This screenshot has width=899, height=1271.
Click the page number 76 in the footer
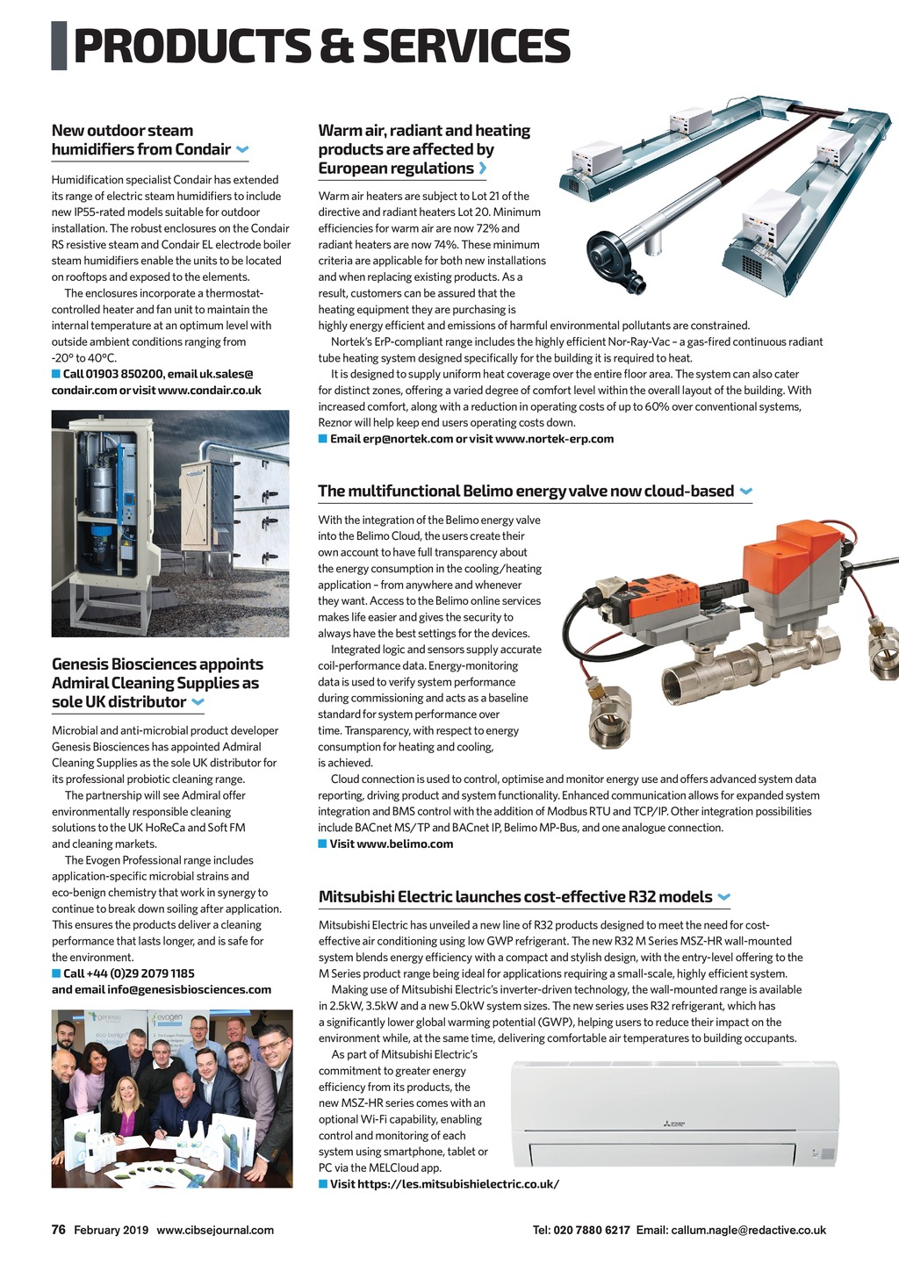(59, 1230)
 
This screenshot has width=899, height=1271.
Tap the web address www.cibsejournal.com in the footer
(215, 1230)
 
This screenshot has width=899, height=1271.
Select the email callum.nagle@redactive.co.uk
(749, 1230)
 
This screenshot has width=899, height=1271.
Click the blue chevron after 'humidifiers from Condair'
(242, 150)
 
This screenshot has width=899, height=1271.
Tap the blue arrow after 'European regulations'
(483, 169)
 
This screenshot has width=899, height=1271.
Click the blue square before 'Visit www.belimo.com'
(322, 844)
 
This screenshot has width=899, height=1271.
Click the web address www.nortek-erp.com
(554, 438)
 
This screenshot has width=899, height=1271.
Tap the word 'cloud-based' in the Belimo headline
(689, 491)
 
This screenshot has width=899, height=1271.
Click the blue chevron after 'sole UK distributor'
(198, 702)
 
